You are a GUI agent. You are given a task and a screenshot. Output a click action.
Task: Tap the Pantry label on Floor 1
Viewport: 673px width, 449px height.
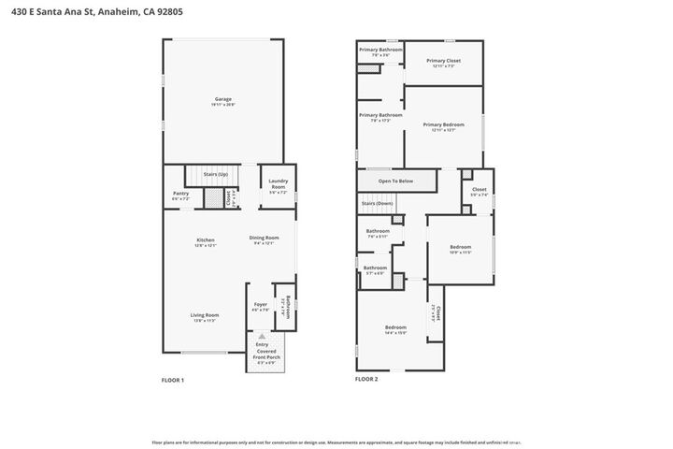[180, 194]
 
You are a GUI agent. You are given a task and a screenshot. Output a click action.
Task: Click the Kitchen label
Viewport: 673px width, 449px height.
[205, 239]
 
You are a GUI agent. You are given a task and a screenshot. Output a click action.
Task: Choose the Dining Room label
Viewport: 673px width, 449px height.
[264, 238]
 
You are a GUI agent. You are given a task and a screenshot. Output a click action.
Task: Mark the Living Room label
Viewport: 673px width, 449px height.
[205, 315]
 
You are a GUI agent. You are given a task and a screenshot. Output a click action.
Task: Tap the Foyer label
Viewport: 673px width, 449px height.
[261, 305]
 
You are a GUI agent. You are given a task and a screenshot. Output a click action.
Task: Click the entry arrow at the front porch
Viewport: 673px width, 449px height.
[263, 335]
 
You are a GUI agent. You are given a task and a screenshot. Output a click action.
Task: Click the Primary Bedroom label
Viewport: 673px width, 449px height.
[443, 123]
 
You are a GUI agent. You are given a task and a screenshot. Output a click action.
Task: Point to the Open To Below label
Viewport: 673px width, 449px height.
[396, 181]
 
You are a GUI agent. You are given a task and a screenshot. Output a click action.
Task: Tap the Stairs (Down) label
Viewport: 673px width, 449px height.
[377, 203]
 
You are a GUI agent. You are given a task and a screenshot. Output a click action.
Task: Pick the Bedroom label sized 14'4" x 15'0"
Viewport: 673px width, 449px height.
[395, 326]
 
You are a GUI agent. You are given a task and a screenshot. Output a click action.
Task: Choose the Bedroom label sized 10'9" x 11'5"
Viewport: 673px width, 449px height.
[460, 247]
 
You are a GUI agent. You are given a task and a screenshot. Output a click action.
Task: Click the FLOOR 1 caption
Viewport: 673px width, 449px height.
[174, 380]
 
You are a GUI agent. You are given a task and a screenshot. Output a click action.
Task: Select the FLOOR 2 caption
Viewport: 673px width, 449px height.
[365, 380]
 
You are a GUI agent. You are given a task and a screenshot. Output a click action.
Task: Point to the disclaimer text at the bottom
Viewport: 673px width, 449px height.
[336, 442]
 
